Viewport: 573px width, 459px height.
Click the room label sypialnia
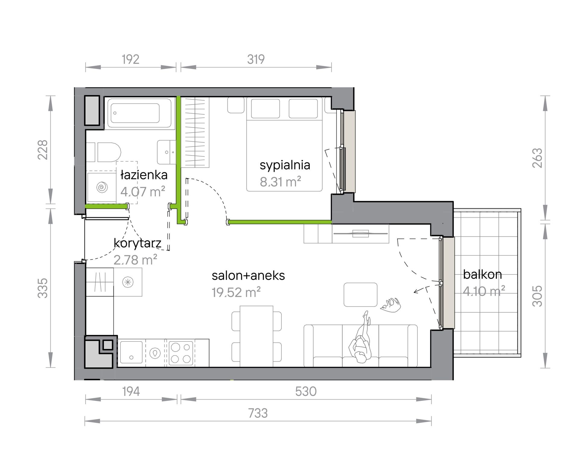285,165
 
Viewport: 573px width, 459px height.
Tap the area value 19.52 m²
236,292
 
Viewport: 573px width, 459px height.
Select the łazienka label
144,175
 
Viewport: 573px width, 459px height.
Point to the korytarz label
138,243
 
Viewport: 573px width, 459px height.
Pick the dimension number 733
258,413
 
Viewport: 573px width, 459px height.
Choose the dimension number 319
256,59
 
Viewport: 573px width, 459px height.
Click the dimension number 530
306,391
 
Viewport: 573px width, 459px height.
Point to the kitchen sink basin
131,352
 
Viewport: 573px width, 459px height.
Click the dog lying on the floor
391,305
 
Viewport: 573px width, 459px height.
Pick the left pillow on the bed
265,108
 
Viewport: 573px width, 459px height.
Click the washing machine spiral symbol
102,187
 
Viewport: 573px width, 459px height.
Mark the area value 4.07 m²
143,191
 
